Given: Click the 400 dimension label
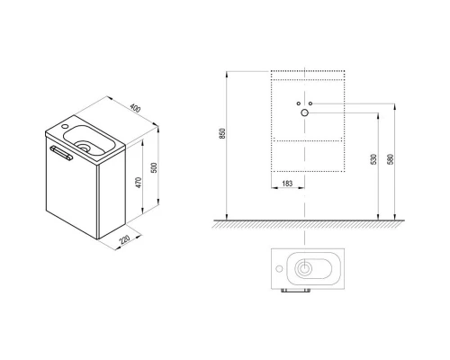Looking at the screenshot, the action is pyautogui.click(x=135, y=108).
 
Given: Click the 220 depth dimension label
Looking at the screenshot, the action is pyautogui.click(x=124, y=239).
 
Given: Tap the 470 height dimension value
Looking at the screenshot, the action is pyautogui.click(x=139, y=183).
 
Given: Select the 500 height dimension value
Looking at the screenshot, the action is pyautogui.click(x=154, y=167).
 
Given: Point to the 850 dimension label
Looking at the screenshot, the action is pyautogui.click(x=222, y=133).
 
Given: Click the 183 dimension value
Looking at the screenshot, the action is pyautogui.click(x=287, y=184).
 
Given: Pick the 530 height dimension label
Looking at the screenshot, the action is pyautogui.click(x=373, y=159).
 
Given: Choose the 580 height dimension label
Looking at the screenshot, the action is pyautogui.click(x=390, y=159).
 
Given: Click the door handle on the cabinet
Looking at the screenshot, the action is pyautogui.click(x=61, y=153).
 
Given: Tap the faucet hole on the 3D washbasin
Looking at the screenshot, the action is pyautogui.click(x=65, y=126).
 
